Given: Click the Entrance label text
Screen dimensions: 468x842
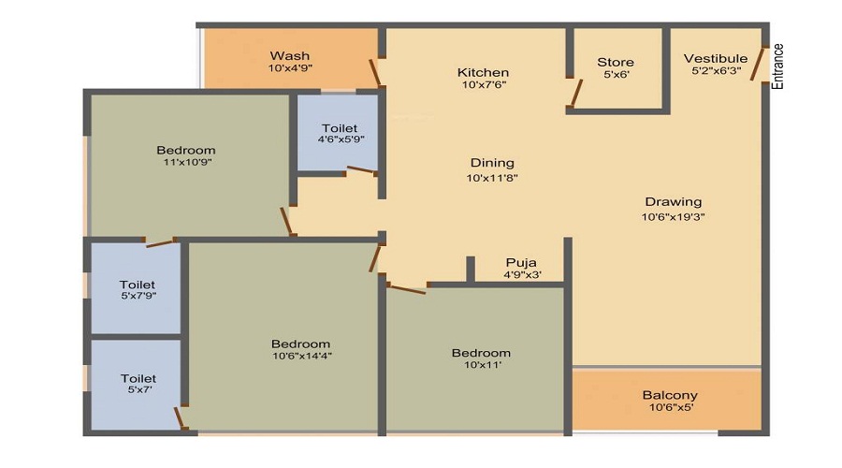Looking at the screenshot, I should (x=778, y=66).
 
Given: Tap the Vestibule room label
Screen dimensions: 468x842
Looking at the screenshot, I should (x=716, y=58).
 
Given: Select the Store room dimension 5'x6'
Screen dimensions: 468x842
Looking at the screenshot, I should (x=616, y=75).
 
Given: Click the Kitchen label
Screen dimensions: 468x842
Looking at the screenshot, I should (x=483, y=72).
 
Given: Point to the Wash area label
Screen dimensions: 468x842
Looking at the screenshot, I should (x=289, y=56).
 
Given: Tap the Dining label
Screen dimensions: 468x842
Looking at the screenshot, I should (x=492, y=163).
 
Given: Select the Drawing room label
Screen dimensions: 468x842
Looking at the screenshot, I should (x=673, y=202).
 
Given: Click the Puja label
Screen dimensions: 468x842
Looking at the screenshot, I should (x=521, y=262).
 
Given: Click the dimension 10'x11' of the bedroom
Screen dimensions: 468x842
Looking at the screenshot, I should (x=481, y=365).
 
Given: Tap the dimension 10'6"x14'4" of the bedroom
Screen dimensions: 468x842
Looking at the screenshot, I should (x=301, y=356).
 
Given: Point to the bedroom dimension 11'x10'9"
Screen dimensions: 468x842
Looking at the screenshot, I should (x=185, y=162).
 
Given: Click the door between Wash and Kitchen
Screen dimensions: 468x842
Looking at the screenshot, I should (x=375, y=73).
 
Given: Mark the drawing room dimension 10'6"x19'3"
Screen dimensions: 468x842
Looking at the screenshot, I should (x=673, y=216).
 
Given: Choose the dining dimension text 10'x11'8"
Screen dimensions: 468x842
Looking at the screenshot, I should (x=492, y=177).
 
